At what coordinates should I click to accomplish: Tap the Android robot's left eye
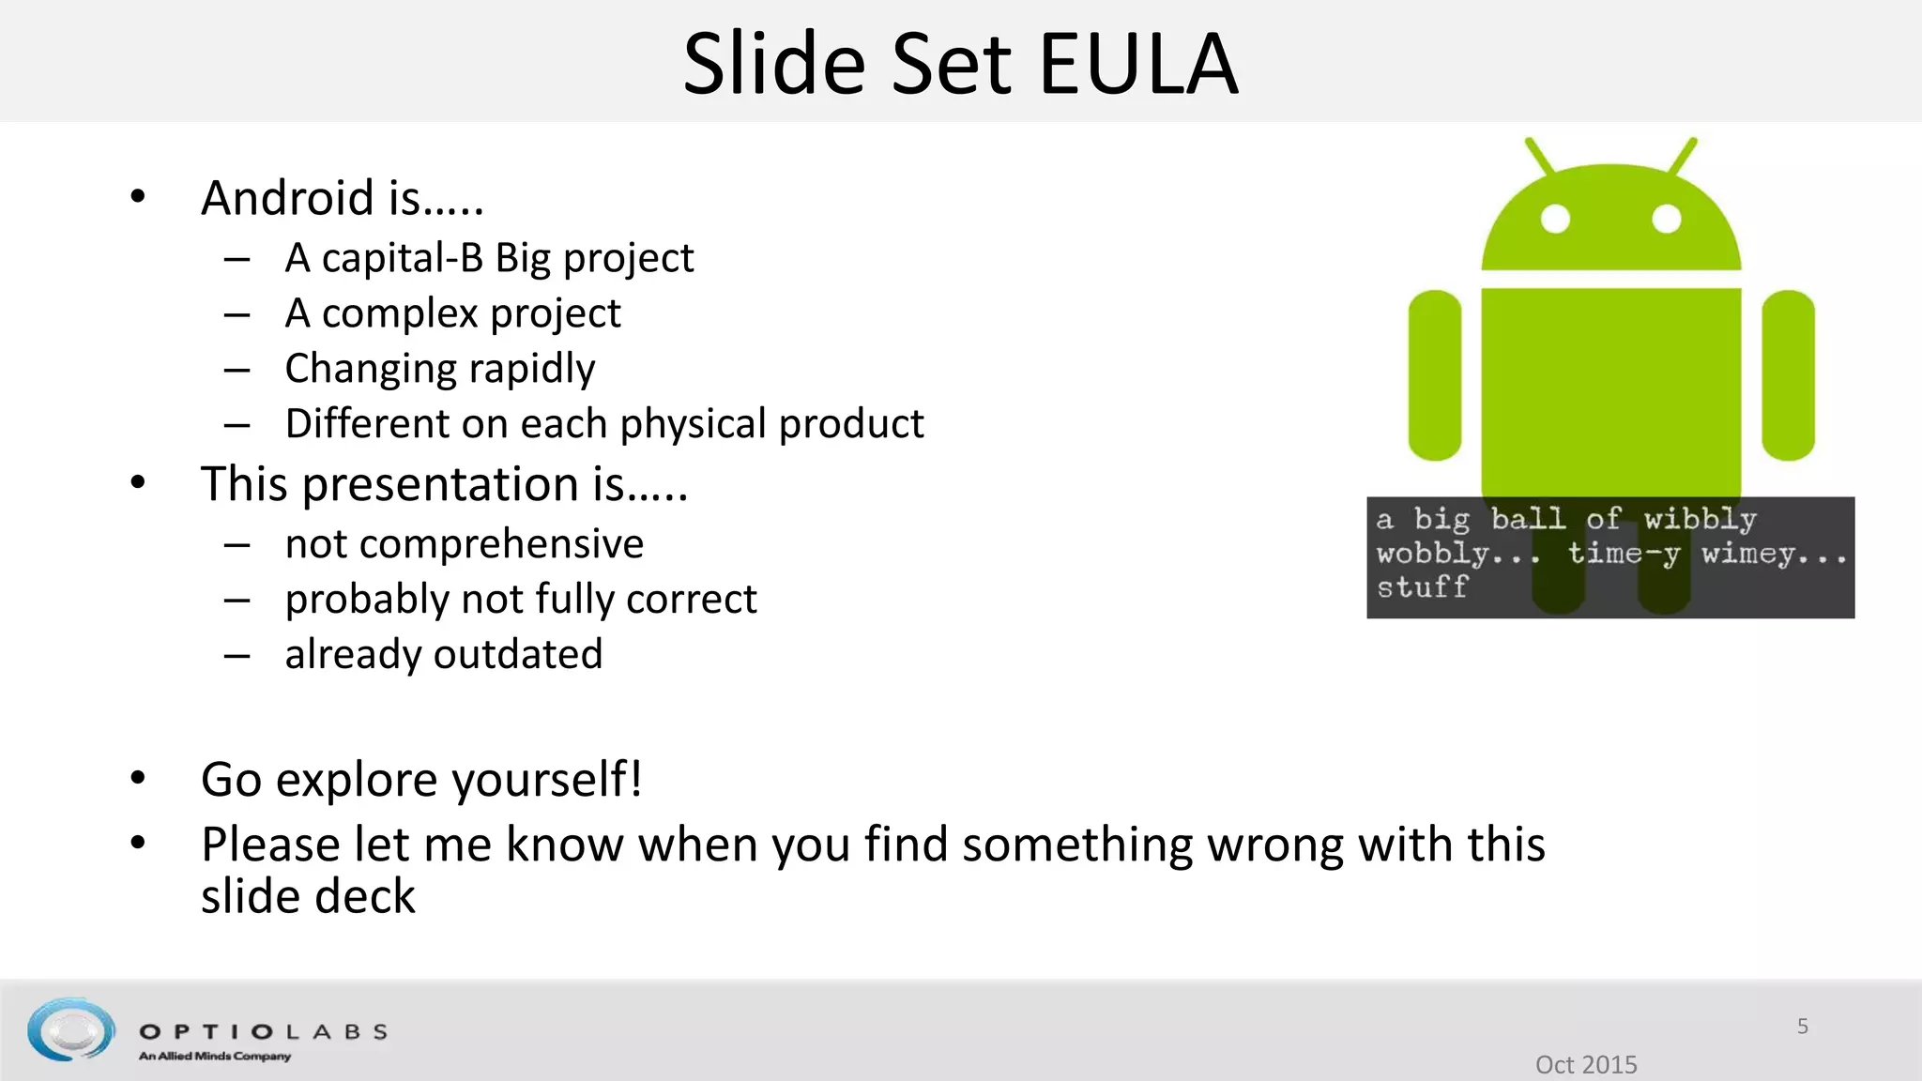coord(1555,219)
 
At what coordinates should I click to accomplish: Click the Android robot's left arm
coord(1434,375)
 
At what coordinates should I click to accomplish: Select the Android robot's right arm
coord(1788,375)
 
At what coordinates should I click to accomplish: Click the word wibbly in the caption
coord(1699,519)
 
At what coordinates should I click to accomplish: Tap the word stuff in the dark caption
coord(1421,587)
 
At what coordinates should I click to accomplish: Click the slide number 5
coord(1802,1026)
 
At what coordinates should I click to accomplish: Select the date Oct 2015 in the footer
coord(1585,1064)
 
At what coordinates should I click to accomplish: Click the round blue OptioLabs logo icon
coord(71,1029)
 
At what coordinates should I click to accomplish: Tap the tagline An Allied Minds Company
coord(214,1057)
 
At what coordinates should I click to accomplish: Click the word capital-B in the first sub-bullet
coord(402,258)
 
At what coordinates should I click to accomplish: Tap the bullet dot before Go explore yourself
coord(138,778)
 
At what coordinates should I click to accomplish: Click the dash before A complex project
coord(236,314)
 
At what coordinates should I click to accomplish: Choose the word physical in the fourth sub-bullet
coord(694,424)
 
